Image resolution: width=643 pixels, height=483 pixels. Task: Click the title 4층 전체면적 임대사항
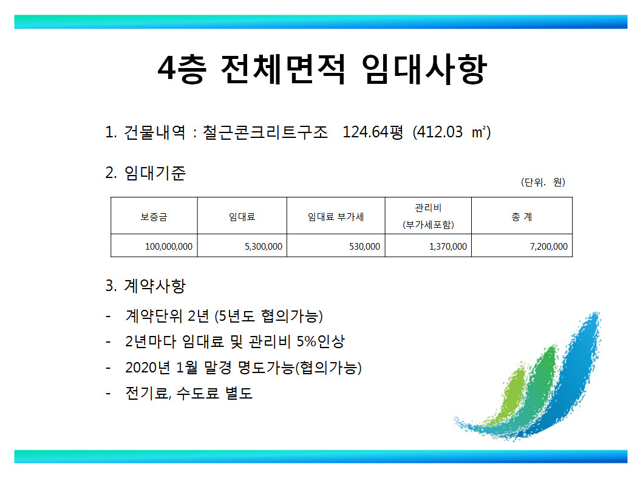click(x=322, y=69)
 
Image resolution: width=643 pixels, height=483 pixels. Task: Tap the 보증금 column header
click(x=154, y=217)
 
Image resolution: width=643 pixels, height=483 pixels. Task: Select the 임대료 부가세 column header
click(x=336, y=217)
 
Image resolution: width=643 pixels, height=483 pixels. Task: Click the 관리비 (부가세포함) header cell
click(x=428, y=216)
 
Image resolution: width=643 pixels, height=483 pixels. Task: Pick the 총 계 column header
click(x=522, y=217)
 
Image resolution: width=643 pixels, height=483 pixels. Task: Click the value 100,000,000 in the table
click(x=169, y=247)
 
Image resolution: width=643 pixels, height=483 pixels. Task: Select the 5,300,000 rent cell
click(x=264, y=247)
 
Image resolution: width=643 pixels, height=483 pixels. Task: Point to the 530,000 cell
click(x=364, y=247)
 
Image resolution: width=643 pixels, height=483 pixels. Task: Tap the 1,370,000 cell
click(x=448, y=247)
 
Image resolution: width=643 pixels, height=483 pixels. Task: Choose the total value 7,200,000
click(x=549, y=247)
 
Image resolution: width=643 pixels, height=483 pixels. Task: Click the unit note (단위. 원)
click(x=543, y=182)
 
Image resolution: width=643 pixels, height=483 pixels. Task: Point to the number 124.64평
click(x=373, y=132)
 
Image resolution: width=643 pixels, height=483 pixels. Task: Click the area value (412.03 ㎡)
click(x=452, y=132)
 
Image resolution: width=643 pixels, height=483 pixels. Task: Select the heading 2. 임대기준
click(x=146, y=173)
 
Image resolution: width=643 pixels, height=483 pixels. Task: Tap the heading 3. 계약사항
click(x=146, y=286)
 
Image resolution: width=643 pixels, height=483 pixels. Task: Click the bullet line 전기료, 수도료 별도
click(x=189, y=393)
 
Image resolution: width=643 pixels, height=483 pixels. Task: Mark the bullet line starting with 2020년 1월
click(x=243, y=368)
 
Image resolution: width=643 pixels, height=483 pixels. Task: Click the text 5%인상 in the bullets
click(x=321, y=341)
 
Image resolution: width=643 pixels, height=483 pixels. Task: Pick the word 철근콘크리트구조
click(x=265, y=132)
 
